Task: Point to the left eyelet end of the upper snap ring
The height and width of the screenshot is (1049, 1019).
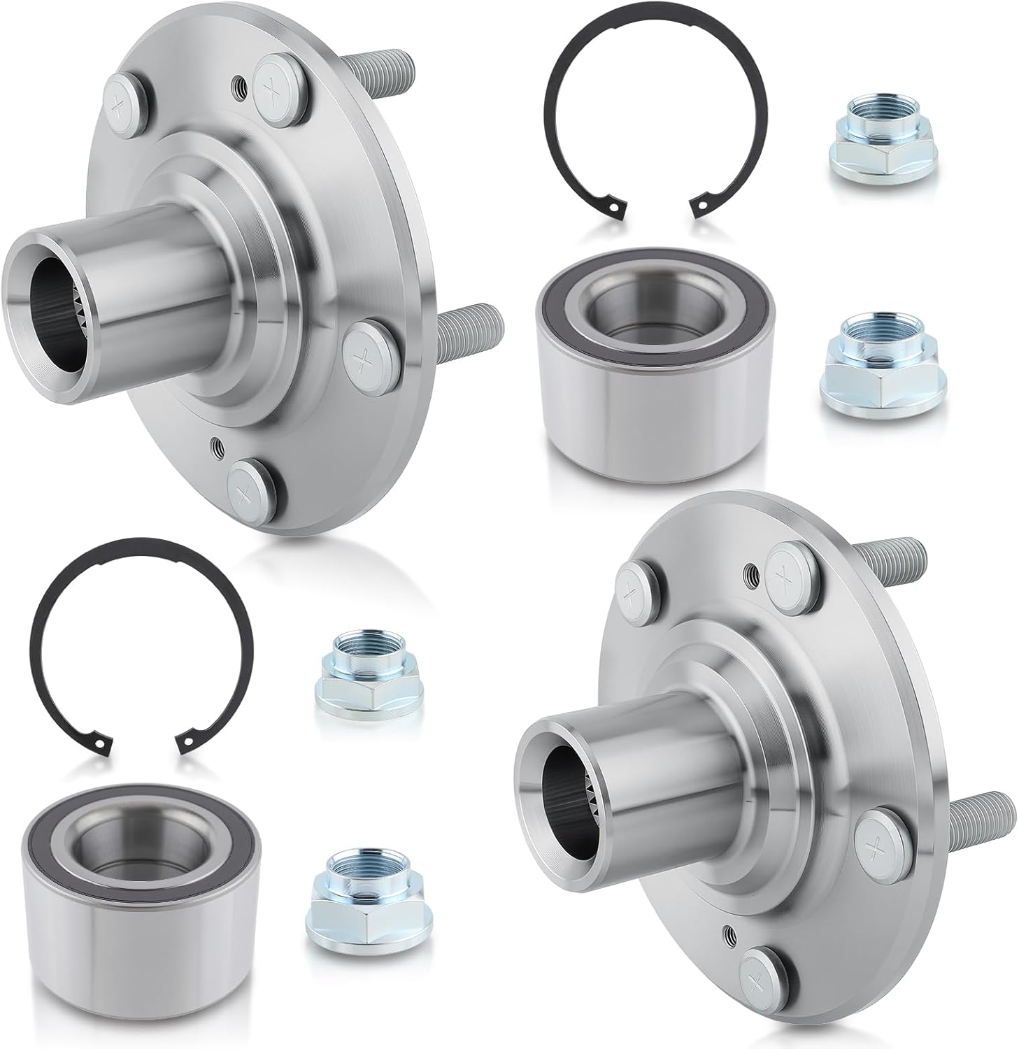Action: point(613,207)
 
